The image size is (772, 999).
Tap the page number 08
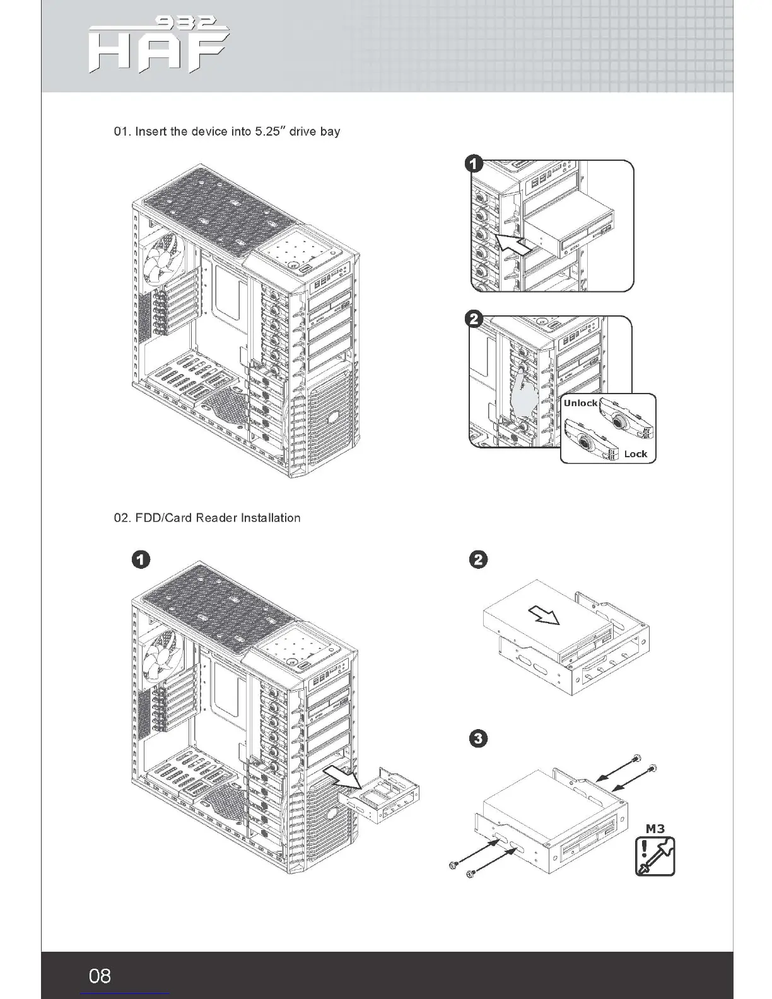pyautogui.click(x=100, y=976)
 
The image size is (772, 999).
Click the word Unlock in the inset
pyautogui.click(x=580, y=403)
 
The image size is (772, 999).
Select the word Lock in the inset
pyautogui.click(x=635, y=453)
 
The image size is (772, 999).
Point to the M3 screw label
pyautogui.click(x=655, y=828)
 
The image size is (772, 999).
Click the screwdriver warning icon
pyautogui.click(x=655, y=856)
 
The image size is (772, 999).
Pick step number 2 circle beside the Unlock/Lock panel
pyautogui.click(x=474, y=320)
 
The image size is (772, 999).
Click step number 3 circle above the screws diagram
pyautogui.click(x=479, y=739)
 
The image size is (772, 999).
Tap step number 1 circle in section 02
pyautogui.click(x=141, y=559)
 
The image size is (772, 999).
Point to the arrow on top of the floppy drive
pyautogui.click(x=544, y=614)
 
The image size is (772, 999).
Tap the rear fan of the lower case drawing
pyautogui.click(x=160, y=655)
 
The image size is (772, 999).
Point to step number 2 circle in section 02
pyautogui.click(x=479, y=559)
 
